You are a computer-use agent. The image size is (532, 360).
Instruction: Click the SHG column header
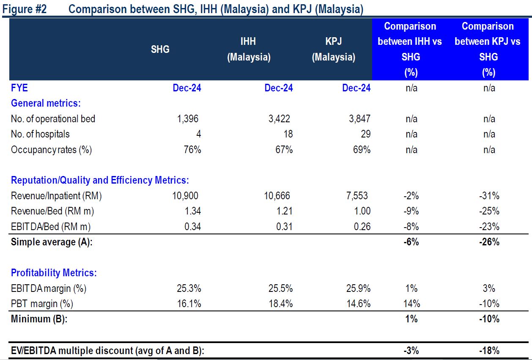tap(160, 49)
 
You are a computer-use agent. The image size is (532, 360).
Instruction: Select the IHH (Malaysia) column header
tap(249, 49)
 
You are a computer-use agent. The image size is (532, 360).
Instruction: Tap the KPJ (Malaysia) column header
tap(333, 49)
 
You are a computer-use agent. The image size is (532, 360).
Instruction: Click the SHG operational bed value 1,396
tap(188, 119)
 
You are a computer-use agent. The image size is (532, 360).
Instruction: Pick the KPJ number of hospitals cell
tap(365, 134)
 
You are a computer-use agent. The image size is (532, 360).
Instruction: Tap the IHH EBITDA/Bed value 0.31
tap(284, 226)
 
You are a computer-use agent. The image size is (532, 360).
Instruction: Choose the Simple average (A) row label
tap(52, 242)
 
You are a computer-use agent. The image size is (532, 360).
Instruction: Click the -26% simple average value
tap(489, 242)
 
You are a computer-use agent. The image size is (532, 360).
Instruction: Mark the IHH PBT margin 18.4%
tap(280, 303)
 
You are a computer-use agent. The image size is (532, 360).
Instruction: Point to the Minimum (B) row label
tap(39, 319)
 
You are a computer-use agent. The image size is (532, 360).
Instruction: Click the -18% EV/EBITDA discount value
tap(489, 350)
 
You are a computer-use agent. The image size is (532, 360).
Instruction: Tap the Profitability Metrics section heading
tap(54, 273)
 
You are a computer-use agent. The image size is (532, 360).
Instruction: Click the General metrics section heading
tap(46, 103)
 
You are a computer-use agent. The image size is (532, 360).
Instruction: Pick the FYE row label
tap(19, 88)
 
